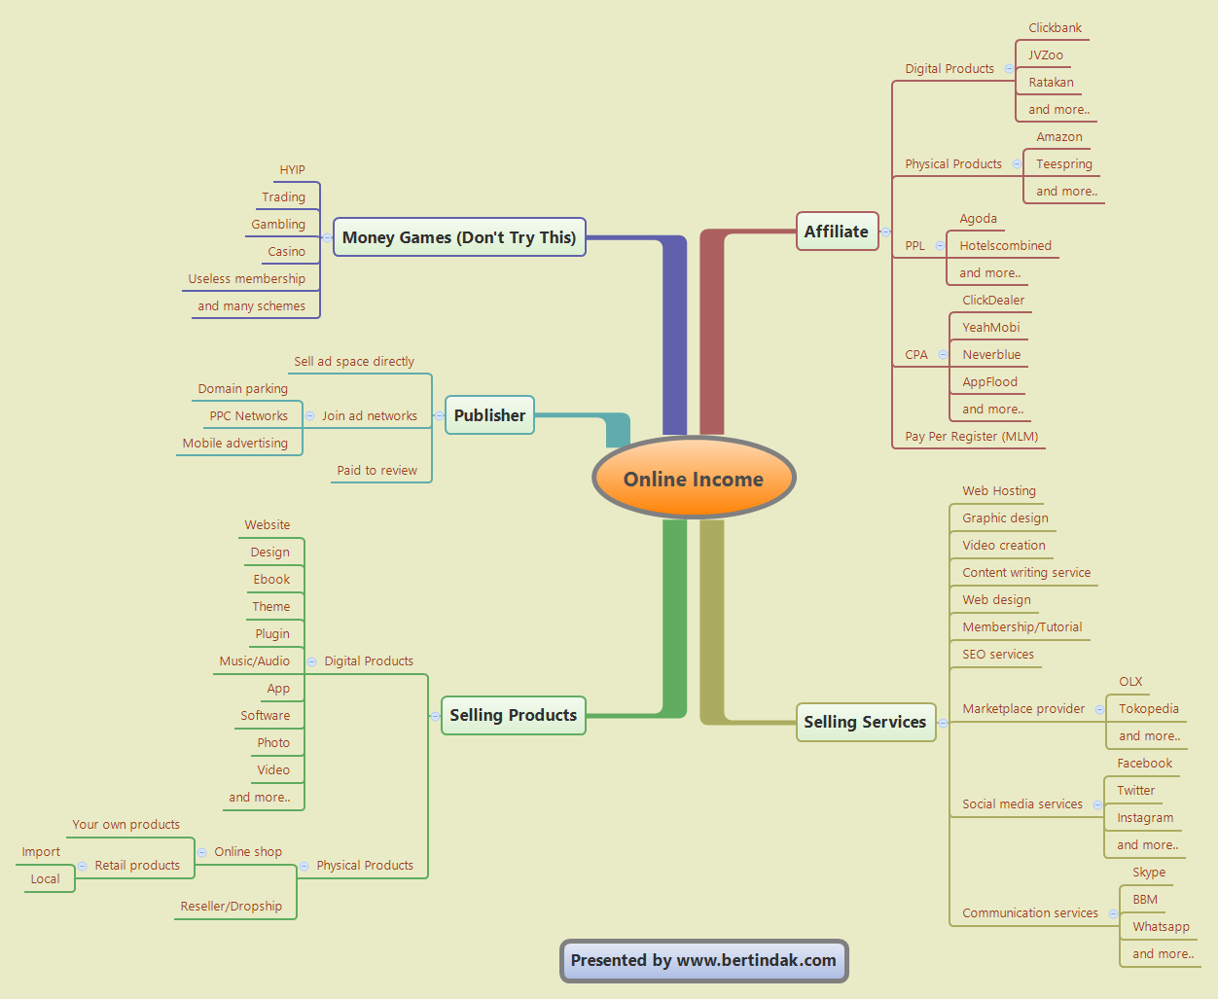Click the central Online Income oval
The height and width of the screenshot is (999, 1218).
coord(694,479)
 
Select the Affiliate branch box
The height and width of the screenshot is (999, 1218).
coord(837,232)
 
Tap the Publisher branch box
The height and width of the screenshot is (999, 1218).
coord(489,415)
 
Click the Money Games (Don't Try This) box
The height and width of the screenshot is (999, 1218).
coord(459,237)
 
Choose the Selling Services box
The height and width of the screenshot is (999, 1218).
coord(865,722)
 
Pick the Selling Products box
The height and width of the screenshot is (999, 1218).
coord(513,715)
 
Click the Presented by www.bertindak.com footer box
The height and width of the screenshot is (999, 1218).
coord(703,960)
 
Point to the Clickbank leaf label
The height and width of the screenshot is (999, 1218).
coord(1055,28)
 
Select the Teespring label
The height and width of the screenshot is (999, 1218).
coord(1063,164)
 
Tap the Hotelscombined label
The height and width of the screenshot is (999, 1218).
coord(1005,246)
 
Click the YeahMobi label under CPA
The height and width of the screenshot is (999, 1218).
coord(990,328)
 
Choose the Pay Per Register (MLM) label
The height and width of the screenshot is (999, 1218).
coord(971,437)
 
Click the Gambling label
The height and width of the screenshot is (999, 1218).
coord(278,225)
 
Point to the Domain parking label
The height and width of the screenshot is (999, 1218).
coord(242,389)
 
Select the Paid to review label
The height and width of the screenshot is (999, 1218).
coord(376,471)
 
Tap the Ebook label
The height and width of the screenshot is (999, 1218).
coord(271,580)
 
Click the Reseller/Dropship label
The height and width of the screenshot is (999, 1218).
coord(231,907)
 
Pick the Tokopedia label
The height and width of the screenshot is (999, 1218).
coord(1148,709)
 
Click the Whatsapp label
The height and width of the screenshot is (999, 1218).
coord(1161,927)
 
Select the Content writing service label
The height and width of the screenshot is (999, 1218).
coord(1026,573)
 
